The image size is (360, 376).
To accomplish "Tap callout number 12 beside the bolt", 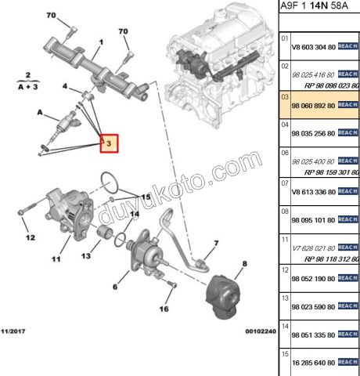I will [x=29, y=237].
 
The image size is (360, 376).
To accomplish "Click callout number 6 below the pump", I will [x=115, y=287].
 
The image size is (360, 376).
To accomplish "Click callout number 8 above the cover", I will [x=243, y=265].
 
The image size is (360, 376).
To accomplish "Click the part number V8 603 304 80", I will [x=312, y=46].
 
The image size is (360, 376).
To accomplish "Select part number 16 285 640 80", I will [x=313, y=363].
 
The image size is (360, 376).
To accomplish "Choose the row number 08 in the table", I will [x=285, y=211].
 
